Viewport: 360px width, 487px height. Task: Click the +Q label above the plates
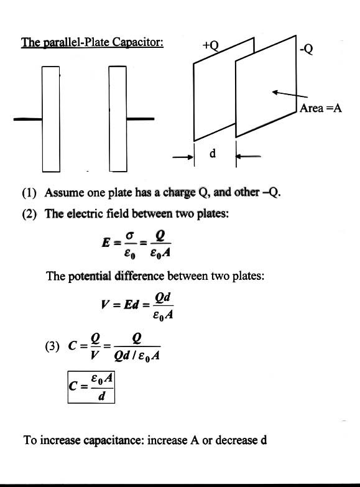[211, 45]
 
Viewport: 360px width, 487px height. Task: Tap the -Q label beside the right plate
[307, 49]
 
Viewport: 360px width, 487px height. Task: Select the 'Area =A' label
[321, 108]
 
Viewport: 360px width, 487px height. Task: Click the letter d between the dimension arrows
[213, 153]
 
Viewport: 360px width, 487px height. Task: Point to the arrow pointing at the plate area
[290, 95]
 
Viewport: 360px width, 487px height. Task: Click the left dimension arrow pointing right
[183, 157]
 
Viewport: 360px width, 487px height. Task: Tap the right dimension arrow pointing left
[248, 156]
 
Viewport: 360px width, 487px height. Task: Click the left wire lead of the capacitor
[28, 119]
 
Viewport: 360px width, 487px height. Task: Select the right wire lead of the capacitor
[140, 119]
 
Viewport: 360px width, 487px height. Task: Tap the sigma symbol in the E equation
[130, 236]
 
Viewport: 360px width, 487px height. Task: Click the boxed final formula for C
[91, 387]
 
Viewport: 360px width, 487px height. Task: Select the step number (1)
[29, 193]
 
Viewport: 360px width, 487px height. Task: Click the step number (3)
[52, 346]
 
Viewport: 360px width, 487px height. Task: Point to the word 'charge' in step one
[179, 193]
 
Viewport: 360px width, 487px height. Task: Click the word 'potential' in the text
[90, 276]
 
